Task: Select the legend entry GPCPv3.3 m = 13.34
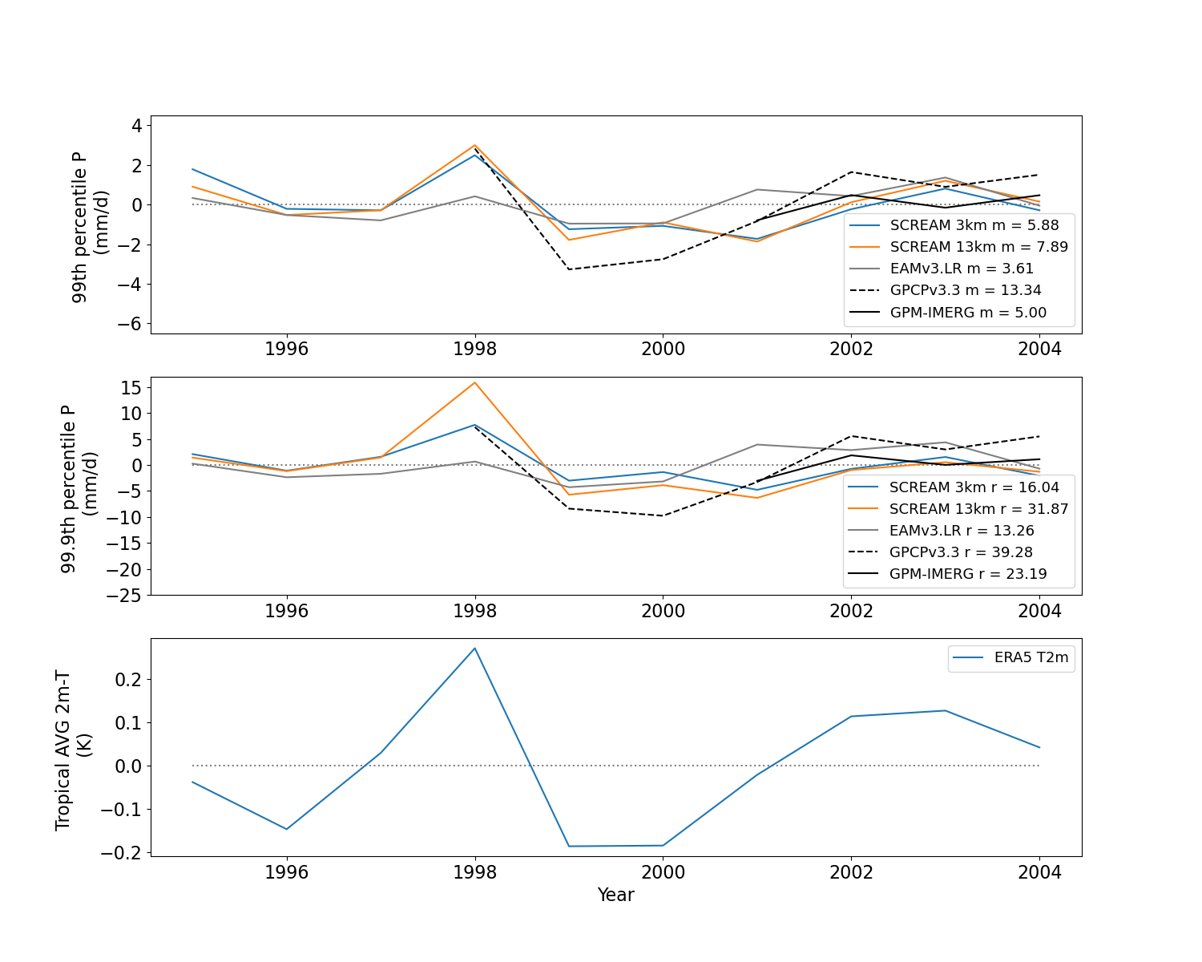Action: [945, 290]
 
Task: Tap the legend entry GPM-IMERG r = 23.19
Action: [947, 574]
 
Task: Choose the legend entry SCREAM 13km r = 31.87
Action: [958, 509]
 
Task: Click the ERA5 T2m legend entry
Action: [1010, 657]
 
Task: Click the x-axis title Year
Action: [615, 895]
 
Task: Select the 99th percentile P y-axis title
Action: [79, 227]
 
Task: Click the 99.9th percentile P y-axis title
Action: [67, 489]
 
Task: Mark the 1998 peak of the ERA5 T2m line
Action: [474, 649]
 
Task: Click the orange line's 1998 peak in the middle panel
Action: [474, 382]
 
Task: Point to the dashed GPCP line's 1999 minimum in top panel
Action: [569, 269]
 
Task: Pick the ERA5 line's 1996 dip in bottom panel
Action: [287, 829]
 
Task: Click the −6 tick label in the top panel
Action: [130, 324]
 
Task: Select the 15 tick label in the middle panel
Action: [131, 387]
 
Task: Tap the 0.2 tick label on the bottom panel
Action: [129, 680]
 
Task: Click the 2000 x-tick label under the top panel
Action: [663, 349]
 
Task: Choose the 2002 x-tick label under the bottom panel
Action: [851, 872]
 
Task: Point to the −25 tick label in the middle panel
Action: [124, 596]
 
